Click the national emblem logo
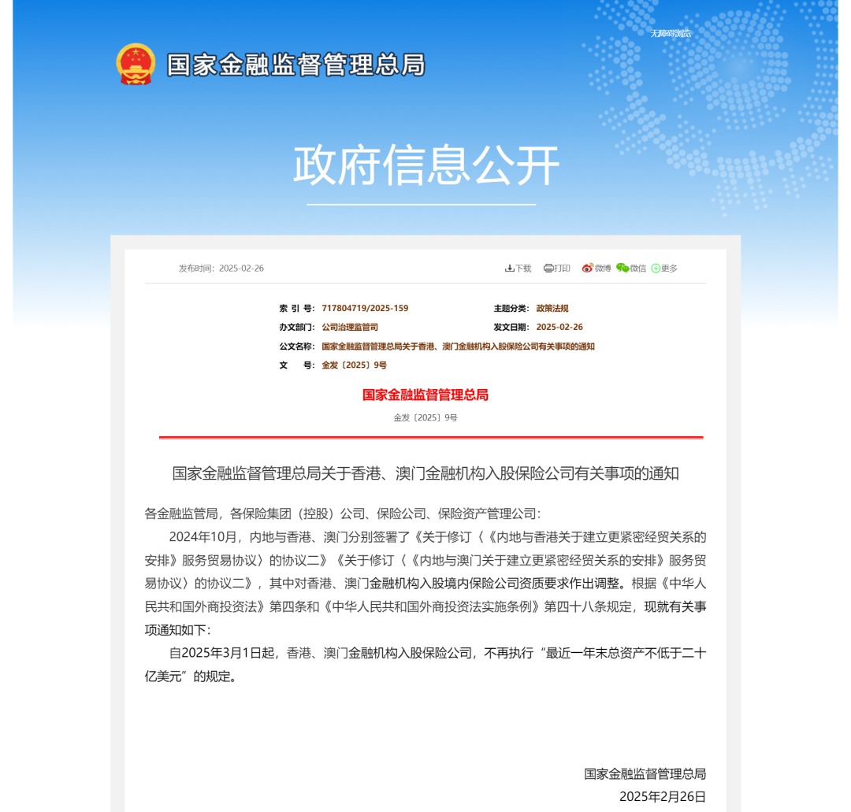136,64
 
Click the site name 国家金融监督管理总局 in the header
295,65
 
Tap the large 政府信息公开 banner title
425,165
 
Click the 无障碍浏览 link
671,33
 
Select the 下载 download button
518,269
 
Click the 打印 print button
557,269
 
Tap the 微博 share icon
596,269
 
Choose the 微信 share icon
631,269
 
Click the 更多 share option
664,269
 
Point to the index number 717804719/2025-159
365,309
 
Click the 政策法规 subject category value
552,309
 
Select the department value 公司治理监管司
350,327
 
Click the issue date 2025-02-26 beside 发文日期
559,327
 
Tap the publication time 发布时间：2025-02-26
221,269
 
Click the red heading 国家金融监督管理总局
425,395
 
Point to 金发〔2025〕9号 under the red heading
425,417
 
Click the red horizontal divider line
430,437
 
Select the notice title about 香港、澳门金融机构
425,473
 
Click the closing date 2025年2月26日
663,796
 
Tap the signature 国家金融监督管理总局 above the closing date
645,773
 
